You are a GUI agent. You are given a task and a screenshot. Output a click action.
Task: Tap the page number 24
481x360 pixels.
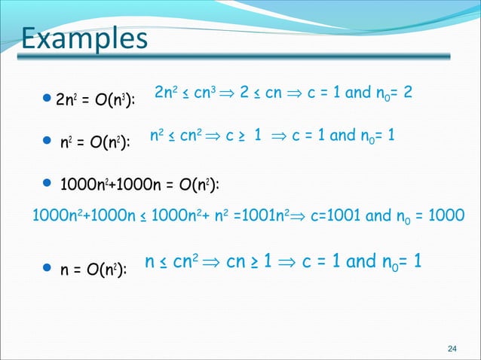point(452,348)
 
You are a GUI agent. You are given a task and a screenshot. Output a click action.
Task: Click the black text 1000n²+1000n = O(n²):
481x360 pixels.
point(139,183)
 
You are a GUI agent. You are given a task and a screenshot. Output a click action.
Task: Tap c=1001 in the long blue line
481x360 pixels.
point(337,214)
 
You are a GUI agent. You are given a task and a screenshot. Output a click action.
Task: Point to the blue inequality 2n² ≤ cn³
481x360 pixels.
point(185,93)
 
